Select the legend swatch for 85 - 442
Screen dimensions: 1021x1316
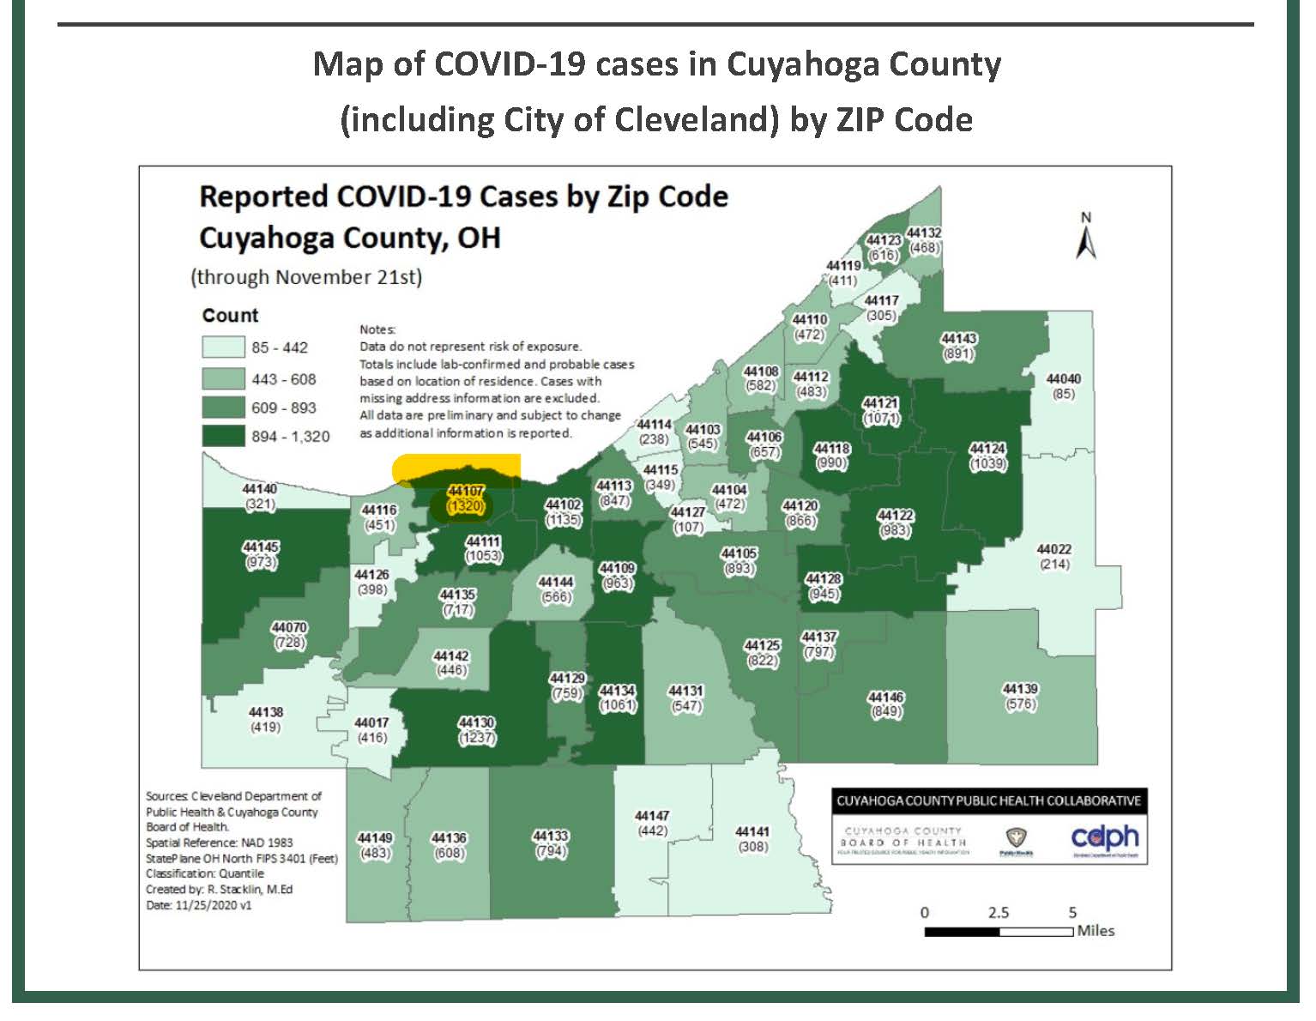tap(223, 347)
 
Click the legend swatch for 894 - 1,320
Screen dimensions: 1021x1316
tap(223, 436)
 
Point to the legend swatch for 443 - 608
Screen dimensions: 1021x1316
tap(223, 378)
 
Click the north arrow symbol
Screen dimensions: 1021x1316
tap(1086, 239)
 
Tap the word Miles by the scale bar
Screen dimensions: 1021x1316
tap(1096, 931)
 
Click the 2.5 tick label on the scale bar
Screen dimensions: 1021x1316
tap(998, 912)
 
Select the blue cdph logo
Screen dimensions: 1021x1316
tap(1105, 837)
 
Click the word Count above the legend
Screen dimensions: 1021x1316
tap(230, 315)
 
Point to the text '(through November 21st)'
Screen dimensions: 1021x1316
tap(306, 277)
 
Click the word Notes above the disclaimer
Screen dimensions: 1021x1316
tap(377, 329)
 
